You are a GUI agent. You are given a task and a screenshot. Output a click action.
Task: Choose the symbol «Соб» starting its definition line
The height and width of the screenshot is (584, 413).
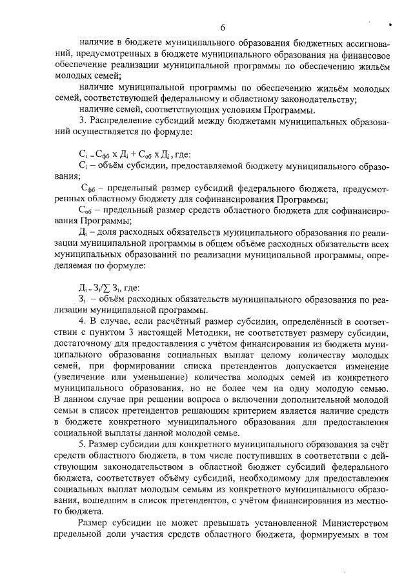coord(85,210)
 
